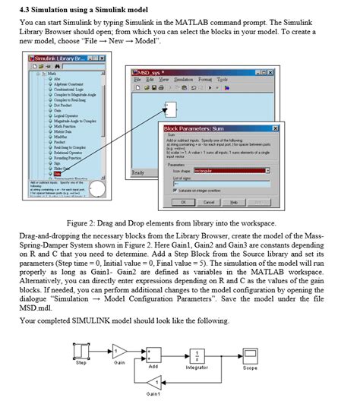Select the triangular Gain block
pos(119,350)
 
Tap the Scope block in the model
pos(250,353)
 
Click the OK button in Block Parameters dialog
pos(184,202)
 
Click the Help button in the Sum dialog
pos(234,202)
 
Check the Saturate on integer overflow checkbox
pos(175,191)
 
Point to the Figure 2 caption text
pos(180,223)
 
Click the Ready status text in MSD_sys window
pos(139,173)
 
